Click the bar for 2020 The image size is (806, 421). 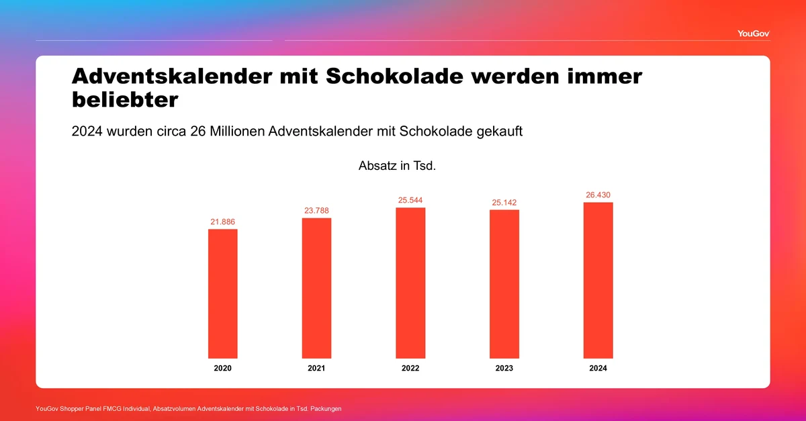pyautogui.click(x=223, y=293)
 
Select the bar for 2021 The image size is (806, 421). pyautogui.click(x=316, y=288)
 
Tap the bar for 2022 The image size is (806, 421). pyautogui.click(x=410, y=283)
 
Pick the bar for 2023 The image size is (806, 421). pyautogui.click(x=504, y=284)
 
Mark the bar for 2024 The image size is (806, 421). pyautogui.click(x=598, y=280)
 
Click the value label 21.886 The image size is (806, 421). pyautogui.click(x=223, y=222)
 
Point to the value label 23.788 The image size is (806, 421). pyautogui.click(x=316, y=211)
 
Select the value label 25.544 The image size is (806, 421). pyautogui.click(x=410, y=200)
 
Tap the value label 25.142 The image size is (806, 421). pyautogui.click(x=504, y=203)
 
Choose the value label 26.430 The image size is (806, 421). pyautogui.click(x=598, y=195)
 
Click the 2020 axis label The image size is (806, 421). pyautogui.click(x=223, y=368)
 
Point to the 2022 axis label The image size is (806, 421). pyautogui.click(x=410, y=368)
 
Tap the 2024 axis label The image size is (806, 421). pyautogui.click(x=598, y=368)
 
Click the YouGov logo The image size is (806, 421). pyautogui.click(x=754, y=34)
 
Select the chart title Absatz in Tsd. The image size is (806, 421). pyautogui.click(x=397, y=166)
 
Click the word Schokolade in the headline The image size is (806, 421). pyautogui.click(x=395, y=77)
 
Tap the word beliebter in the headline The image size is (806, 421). pyautogui.click(x=125, y=99)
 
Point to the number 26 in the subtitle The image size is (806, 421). pyautogui.click(x=197, y=132)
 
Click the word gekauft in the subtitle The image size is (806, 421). pyautogui.click(x=500, y=132)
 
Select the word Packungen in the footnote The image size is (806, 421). pyautogui.click(x=326, y=409)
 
